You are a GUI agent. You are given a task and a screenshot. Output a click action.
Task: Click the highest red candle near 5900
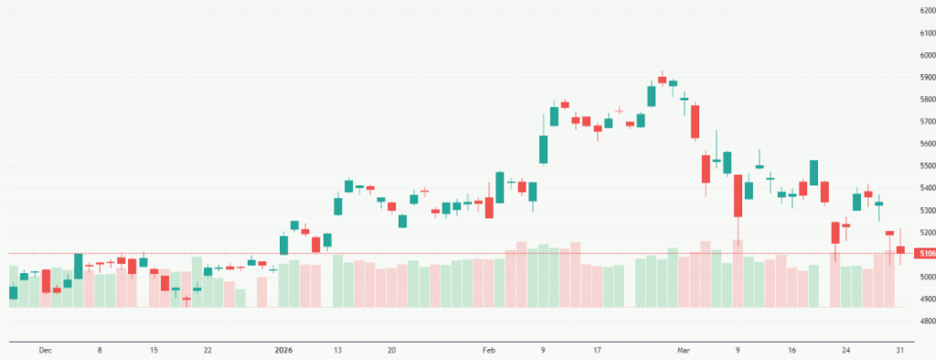pos(662,79)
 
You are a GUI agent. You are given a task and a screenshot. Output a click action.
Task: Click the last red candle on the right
pos(899,249)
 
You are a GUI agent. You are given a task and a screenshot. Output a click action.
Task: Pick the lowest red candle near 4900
pos(186,298)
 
